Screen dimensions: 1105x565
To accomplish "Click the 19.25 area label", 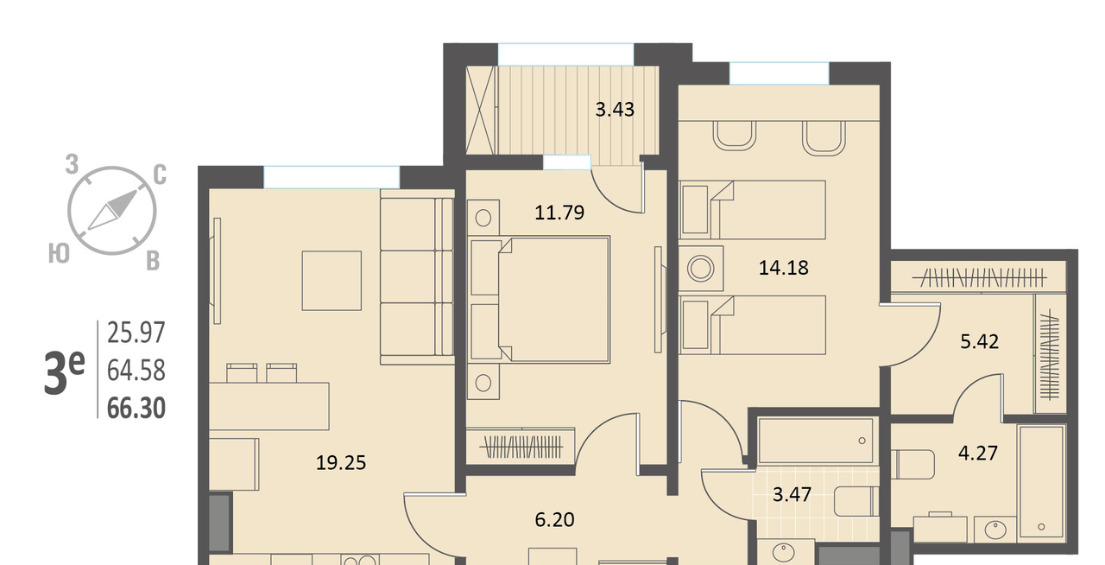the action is tap(341, 463).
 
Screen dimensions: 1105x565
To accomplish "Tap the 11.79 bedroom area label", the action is tap(559, 213).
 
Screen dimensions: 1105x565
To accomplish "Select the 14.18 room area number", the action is tap(783, 268).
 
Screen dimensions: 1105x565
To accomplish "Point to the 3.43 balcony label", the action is tap(615, 109).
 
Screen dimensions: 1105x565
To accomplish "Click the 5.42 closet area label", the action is tap(979, 341).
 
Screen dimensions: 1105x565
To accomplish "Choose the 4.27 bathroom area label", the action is tap(978, 453).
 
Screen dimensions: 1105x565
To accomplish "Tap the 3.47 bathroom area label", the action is tap(792, 494).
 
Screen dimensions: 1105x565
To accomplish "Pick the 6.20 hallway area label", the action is tap(554, 519).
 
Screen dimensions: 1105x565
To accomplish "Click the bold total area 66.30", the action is tap(136, 409).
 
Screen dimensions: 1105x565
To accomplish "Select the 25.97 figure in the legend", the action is tap(136, 333).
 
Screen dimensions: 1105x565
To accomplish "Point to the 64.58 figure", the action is tap(136, 371).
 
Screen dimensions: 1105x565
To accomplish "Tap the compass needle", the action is tap(112, 211).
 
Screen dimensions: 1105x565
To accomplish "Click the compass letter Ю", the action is tap(59, 254).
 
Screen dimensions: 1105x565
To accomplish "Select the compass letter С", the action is tap(160, 175).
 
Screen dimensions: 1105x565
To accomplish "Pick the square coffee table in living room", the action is tap(331, 281).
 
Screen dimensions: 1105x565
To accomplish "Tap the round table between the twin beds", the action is tap(701, 269).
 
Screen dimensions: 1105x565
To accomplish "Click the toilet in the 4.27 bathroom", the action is tap(912, 464).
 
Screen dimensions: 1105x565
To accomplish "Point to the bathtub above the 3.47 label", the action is tap(816, 441).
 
